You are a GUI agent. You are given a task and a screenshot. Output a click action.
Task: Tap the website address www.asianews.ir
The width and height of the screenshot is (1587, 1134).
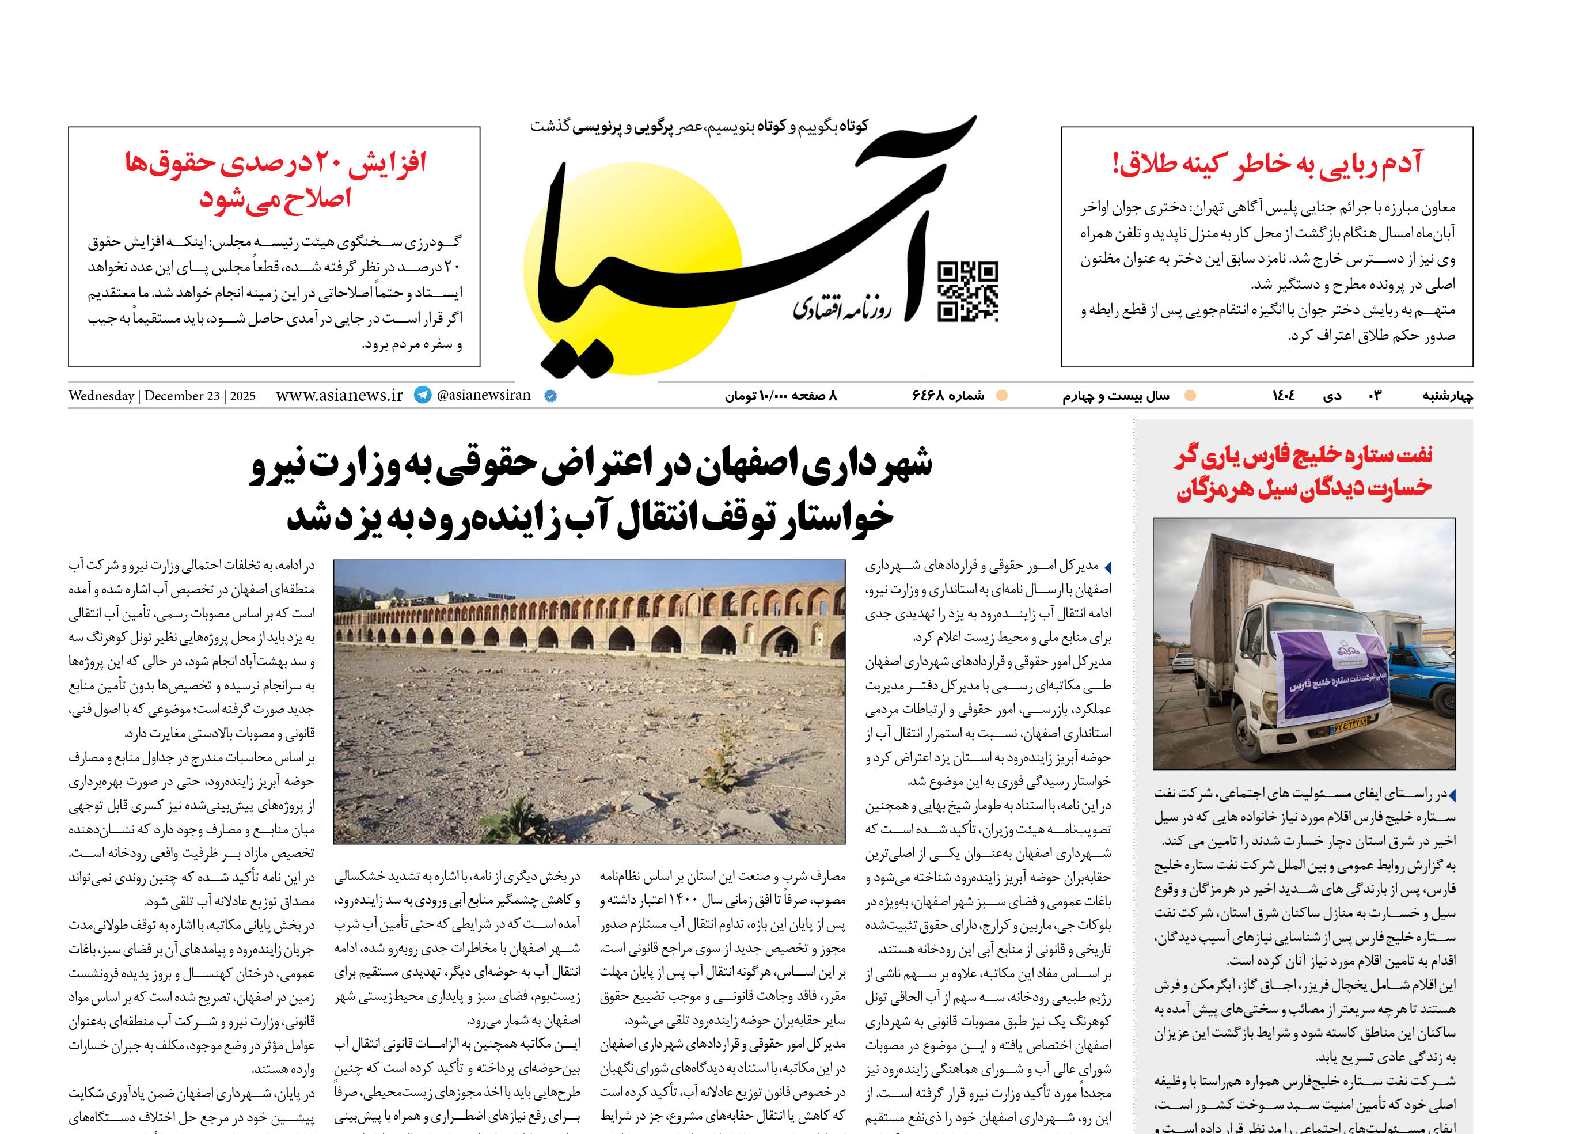tap(339, 395)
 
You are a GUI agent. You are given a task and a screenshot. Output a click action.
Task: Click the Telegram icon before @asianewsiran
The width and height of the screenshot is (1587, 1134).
tap(423, 395)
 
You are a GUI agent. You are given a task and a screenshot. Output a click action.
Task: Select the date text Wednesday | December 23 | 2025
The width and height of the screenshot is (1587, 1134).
tap(162, 396)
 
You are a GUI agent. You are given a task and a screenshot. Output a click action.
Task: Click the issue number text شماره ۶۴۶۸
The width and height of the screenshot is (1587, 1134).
tap(948, 396)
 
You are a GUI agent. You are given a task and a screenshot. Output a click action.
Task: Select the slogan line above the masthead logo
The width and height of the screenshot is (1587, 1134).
tap(699, 126)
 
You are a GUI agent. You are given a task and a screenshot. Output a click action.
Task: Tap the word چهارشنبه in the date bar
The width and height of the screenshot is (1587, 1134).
tap(1448, 396)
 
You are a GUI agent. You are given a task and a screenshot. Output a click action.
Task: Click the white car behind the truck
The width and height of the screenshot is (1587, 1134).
tap(1182, 661)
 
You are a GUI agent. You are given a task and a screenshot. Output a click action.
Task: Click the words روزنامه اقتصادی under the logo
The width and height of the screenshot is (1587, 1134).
tap(841, 308)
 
